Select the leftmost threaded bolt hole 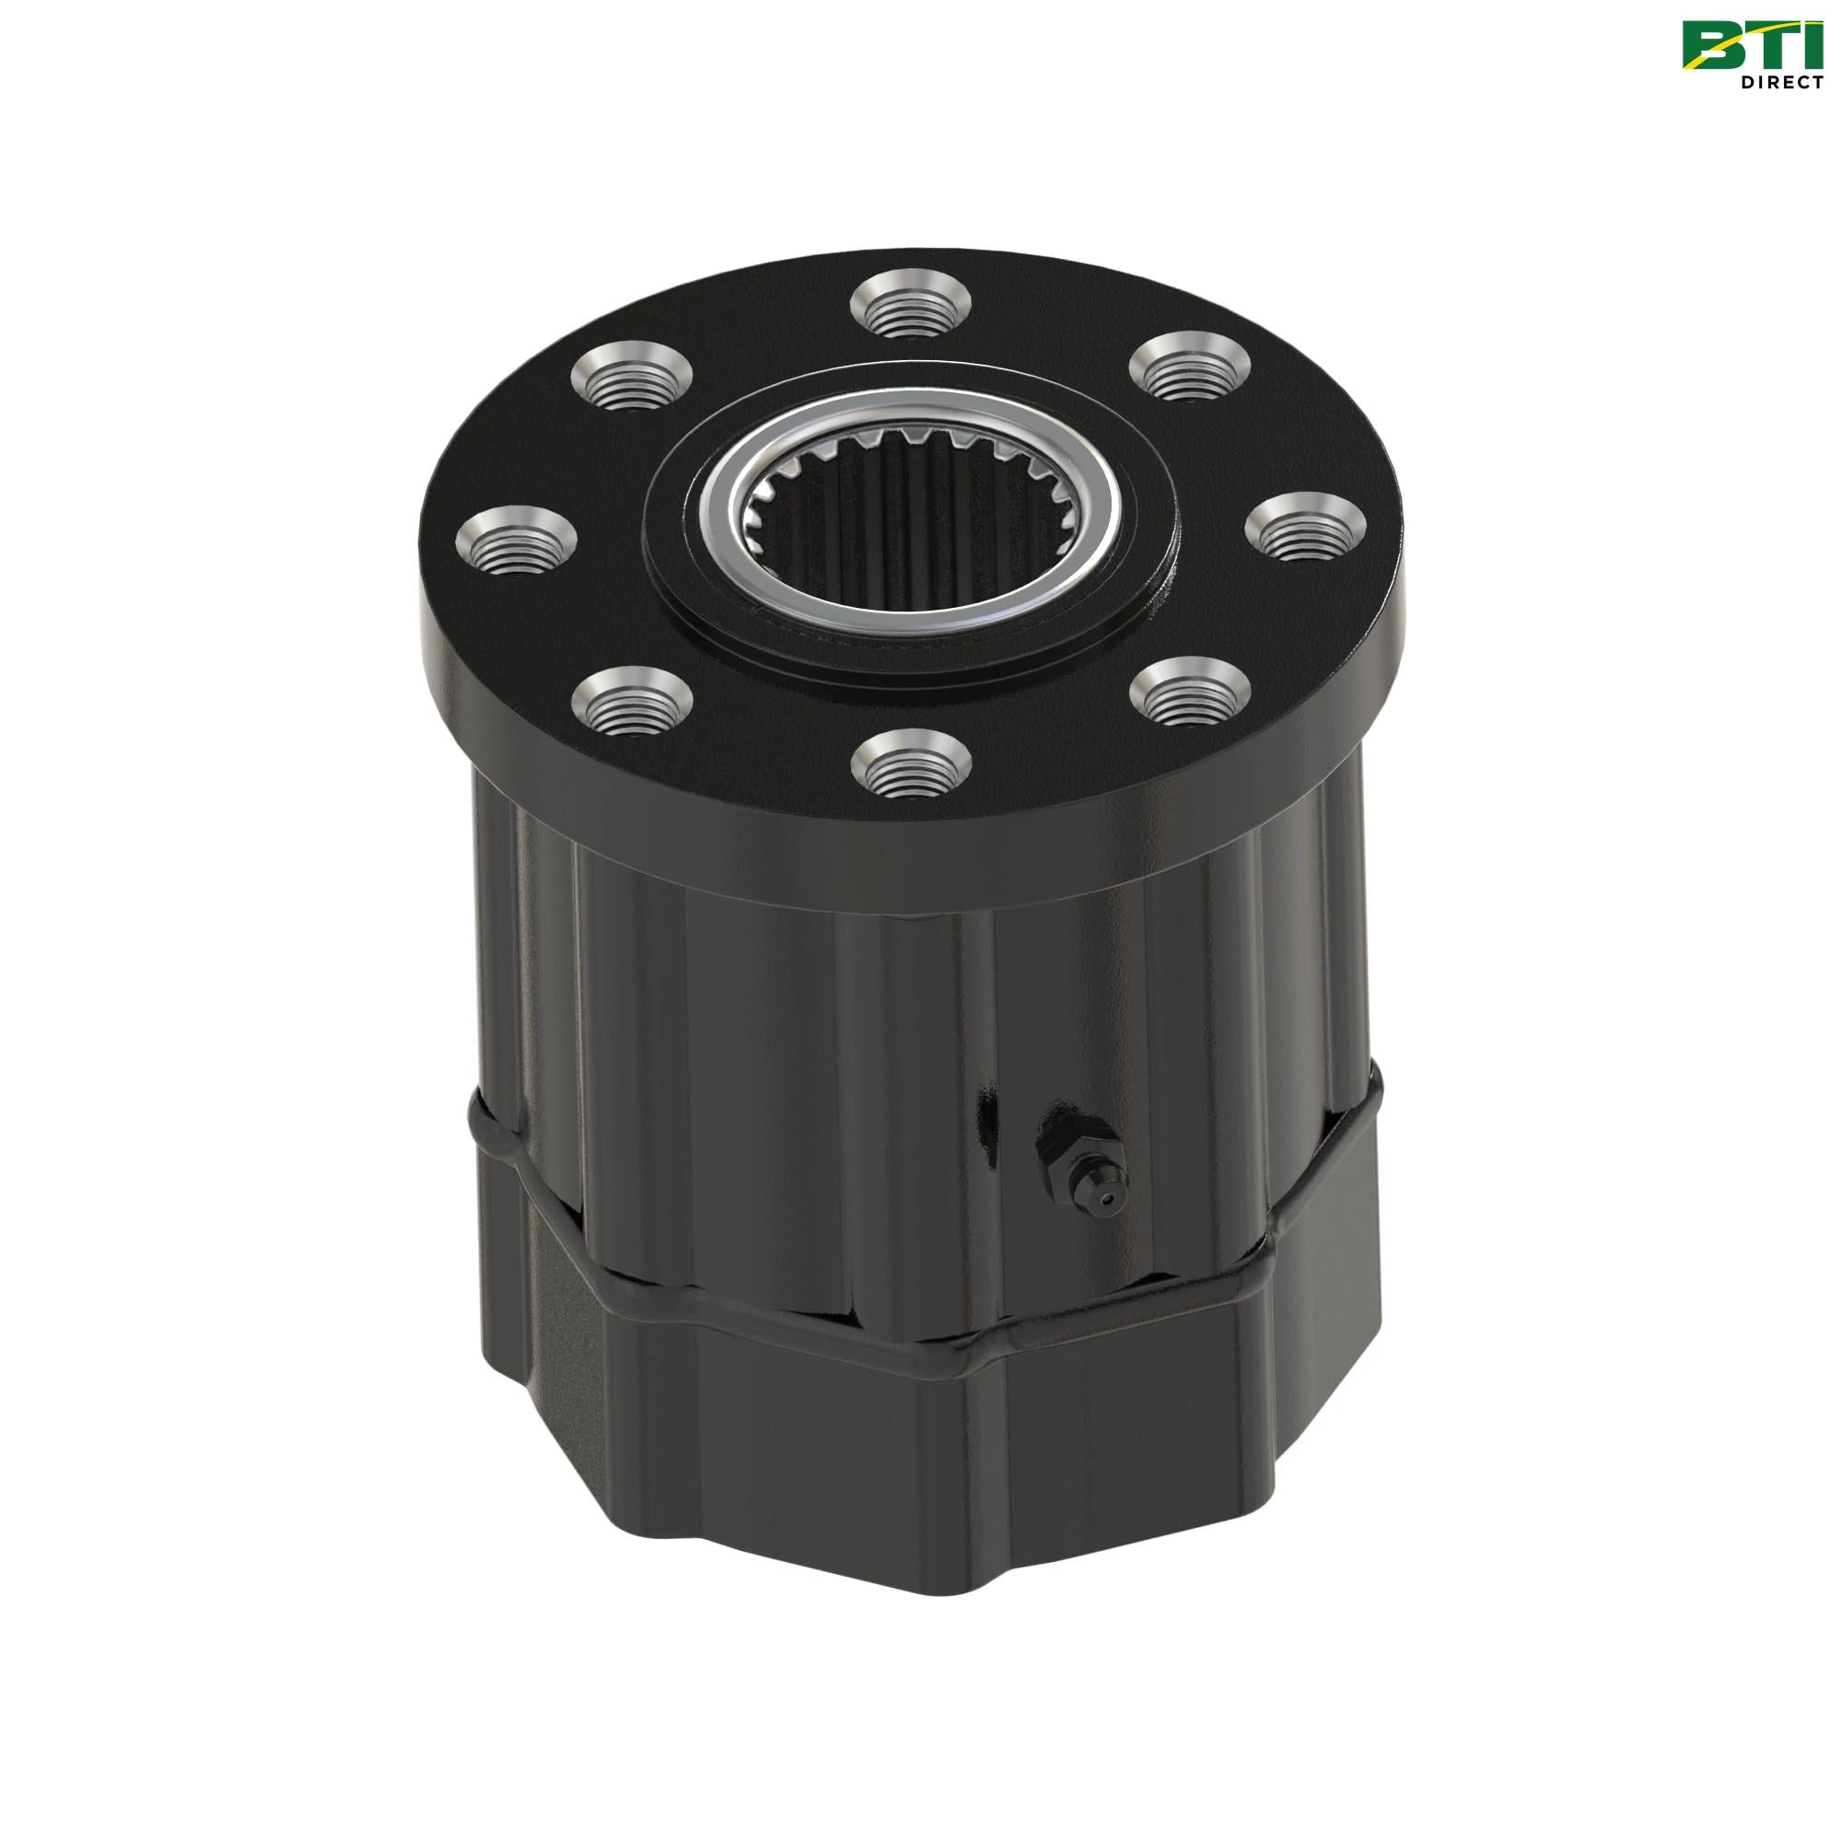(x=518, y=541)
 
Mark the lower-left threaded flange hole (x=632, y=699)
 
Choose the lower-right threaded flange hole (x=1192, y=699)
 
